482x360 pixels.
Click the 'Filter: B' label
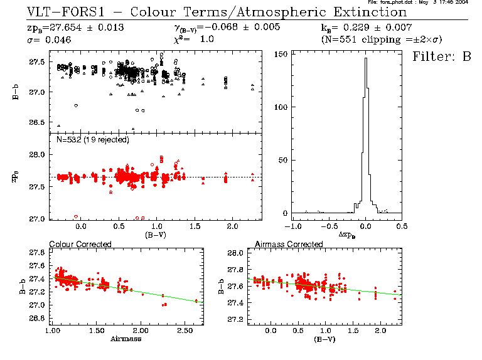441,56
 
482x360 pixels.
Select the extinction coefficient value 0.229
355,28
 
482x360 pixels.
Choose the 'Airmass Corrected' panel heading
289,244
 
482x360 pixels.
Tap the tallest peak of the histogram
365,59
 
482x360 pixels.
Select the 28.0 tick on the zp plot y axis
35,155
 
